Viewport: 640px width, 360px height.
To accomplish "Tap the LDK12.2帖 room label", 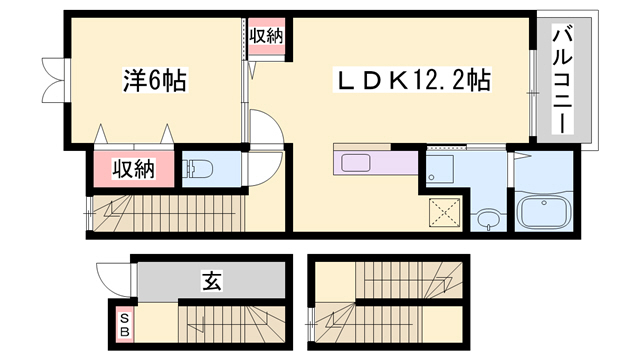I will coord(410,80).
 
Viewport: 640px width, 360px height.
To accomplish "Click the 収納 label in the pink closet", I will coord(133,169).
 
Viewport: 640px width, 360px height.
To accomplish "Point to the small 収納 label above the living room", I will coord(266,35).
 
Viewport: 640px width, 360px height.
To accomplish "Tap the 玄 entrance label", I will coord(212,281).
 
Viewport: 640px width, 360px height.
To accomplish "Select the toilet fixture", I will coord(197,169).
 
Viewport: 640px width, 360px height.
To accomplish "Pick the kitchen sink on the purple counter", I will coord(355,163).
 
